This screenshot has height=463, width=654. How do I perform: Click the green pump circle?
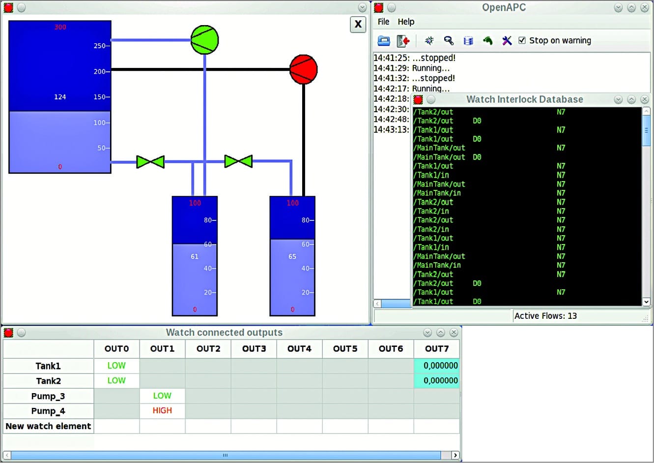point(204,40)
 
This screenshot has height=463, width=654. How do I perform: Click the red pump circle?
point(303,69)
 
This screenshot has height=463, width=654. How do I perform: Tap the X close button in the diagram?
point(358,24)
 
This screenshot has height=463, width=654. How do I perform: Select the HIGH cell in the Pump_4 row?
point(162,410)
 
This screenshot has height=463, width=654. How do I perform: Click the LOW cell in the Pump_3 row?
point(162,396)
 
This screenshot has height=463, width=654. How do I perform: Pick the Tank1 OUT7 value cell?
point(437,366)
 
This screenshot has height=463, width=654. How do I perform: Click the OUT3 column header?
point(254,349)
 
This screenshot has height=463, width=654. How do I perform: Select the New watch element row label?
point(48,426)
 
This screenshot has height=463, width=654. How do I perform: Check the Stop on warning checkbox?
point(522,40)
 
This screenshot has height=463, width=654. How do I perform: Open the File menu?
point(383,22)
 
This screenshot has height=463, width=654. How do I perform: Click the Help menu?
point(406,22)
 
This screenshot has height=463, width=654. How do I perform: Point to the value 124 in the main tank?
point(60,97)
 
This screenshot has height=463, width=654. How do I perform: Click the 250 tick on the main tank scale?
point(100,46)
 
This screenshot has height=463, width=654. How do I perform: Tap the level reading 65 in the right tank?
point(292,256)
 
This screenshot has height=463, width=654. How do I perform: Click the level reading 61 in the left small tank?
point(195,256)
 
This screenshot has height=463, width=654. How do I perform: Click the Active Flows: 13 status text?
point(545,316)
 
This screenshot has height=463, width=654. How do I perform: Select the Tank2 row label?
point(48,381)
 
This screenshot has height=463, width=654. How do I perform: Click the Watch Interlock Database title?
point(524,99)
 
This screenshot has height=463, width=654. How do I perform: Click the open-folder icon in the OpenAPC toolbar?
point(384,40)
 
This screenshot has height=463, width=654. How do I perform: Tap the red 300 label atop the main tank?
point(60,27)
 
